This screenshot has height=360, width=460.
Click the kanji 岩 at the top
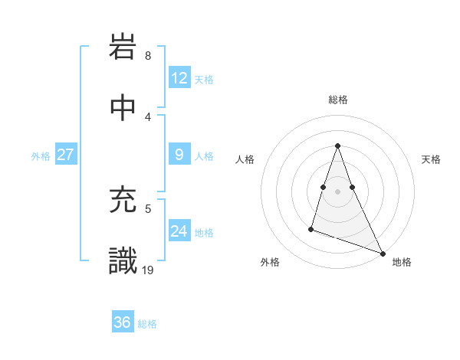[x=123, y=50]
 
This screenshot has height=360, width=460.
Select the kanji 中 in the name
[x=123, y=109]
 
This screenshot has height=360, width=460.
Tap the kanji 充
[x=123, y=201]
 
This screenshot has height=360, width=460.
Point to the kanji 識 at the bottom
[x=123, y=260]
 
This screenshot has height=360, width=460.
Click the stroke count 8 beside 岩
[x=147, y=56]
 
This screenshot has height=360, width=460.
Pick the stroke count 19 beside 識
[x=149, y=269]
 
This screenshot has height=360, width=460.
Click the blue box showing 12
[x=179, y=78]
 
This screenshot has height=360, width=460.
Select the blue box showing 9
[x=179, y=155]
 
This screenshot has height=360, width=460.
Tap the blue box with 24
[x=179, y=231]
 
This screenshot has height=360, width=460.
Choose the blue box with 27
[x=65, y=155]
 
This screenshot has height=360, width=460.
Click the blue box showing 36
[x=123, y=322]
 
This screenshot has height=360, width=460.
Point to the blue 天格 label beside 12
[x=203, y=80]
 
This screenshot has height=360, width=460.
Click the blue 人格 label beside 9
[x=203, y=156]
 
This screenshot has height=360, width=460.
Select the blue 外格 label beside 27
[x=41, y=156]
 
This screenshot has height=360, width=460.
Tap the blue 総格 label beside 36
[x=147, y=324]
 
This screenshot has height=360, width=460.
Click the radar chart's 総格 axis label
[x=337, y=100]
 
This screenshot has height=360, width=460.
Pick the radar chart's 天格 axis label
[x=431, y=159]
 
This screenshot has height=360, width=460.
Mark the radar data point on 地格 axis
[x=382, y=253]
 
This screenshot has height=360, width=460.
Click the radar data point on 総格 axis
[x=337, y=146]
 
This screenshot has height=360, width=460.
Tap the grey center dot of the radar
[x=337, y=191]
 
